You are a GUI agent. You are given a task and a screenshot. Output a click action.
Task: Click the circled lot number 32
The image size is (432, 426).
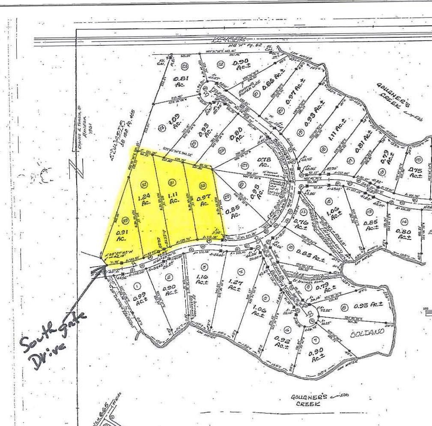pyautogui.click(x=144, y=184)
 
